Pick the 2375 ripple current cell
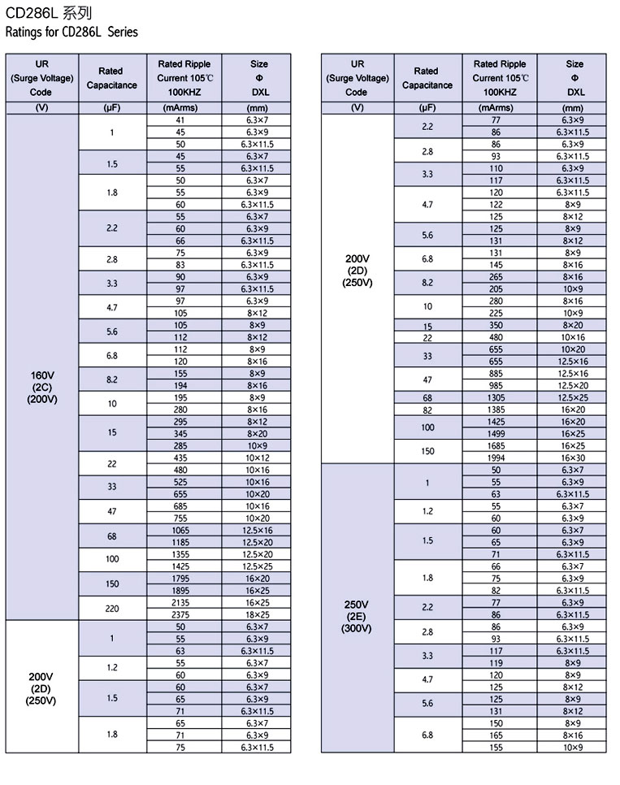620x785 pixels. tap(180, 615)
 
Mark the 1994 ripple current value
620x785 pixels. tap(496, 458)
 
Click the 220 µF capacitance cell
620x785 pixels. tap(112, 609)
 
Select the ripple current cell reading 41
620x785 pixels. tap(180, 120)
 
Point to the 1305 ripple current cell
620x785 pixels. tap(496, 397)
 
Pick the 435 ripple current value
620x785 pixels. tap(180, 458)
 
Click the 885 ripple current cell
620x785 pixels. tap(496, 374)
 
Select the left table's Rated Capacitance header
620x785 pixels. tap(112, 78)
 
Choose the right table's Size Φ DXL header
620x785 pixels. tap(574, 78)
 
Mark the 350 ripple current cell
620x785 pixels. tap(496, 326)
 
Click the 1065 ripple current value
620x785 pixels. tap(180, 531)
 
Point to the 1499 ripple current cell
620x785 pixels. tap(496, 434)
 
